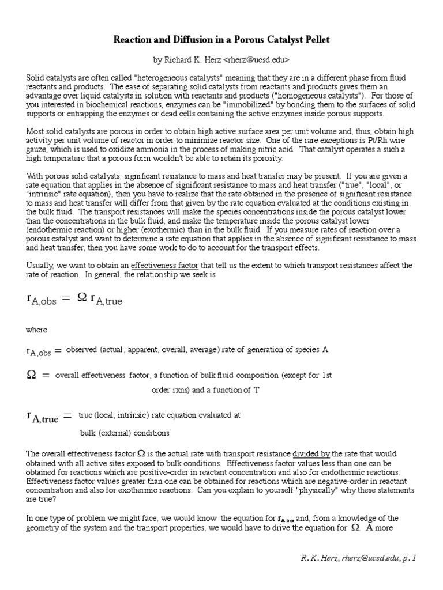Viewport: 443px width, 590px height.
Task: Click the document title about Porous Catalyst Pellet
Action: coord(221,39)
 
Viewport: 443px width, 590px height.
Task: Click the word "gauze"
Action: coord(37,150)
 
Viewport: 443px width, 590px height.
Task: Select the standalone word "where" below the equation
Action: coord(37,330)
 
